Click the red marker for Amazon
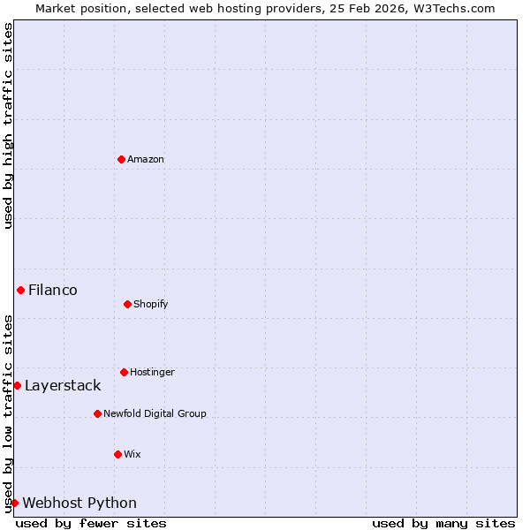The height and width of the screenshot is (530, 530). [x=121, y=159]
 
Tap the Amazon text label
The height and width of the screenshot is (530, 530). [x=146, y=159]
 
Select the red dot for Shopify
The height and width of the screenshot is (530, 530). [x=127, y=304]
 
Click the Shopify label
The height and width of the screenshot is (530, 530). [x=151, y=304]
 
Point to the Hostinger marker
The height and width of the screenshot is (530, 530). [x=124, y=372]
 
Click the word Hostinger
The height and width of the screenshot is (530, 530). [x=152, y=372]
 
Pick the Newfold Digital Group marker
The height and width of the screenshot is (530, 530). [x=97, y=413]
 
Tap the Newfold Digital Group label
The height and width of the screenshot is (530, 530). [x=155, y=413]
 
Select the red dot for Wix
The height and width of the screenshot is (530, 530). [x=117, y=454]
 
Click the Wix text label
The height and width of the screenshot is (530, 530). [x=132, y=454]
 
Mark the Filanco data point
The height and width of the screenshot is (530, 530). [x=20, y=290]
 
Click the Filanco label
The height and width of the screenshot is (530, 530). [x=53, y=290]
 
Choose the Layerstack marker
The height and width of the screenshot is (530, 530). [x=17, y=385]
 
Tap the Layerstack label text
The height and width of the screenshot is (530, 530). [x=63, y=385]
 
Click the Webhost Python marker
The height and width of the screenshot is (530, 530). [x=14, y=503]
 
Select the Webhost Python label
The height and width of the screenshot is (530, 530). [x=79, y=503]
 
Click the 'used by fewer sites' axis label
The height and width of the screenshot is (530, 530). [x=91, y=523]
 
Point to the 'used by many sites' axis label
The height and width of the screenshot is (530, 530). [x=443, y=523]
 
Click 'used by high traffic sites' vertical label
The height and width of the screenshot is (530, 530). [x=8, y=125]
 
